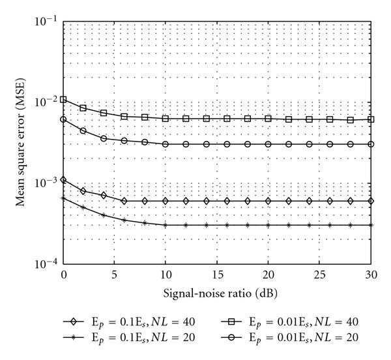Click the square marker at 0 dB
63,99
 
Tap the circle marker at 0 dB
63,119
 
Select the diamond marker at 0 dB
63,179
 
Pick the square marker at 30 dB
371,119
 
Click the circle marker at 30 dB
371,144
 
